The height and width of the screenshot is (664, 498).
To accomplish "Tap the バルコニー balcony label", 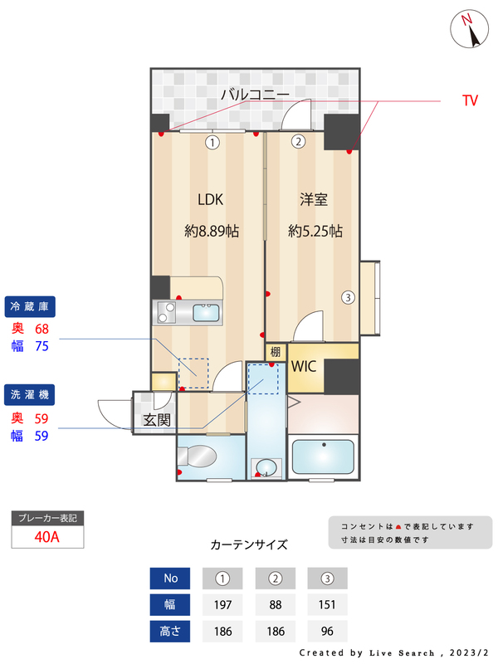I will tap(254, 95).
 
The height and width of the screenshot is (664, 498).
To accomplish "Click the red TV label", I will tap(471, 100).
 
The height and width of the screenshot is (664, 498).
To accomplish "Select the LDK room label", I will tap(210, 199).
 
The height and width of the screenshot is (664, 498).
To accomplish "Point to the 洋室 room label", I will tap(314, 199).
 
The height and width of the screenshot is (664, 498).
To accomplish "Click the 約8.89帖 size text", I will tap(211, 232).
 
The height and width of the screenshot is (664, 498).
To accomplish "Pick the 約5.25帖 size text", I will tap(315, 232).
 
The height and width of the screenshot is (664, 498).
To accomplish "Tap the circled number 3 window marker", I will tap(349, 297).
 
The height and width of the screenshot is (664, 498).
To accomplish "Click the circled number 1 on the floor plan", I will tap(212, 142).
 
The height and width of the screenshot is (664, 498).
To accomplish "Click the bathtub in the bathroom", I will tap(323, 457).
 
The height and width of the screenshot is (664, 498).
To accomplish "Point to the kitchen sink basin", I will tap(205, 313).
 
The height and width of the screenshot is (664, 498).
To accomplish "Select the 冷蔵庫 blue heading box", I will tap(30, 306).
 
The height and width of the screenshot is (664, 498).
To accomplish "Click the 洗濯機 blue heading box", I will tap(30, 393).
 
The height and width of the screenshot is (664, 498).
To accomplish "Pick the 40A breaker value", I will tap(47, 536).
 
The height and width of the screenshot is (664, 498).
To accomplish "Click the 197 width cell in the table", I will tap(222, 604).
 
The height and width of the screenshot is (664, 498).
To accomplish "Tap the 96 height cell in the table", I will tap(326, 631).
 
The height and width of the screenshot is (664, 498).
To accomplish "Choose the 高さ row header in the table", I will tap(169, 631).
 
